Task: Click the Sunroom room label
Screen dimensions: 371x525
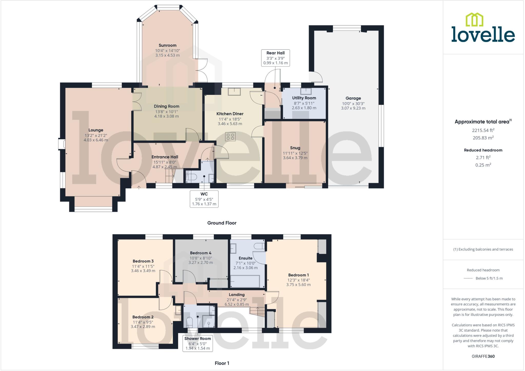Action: (167, 45)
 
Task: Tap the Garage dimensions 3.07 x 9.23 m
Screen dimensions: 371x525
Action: (353, 108)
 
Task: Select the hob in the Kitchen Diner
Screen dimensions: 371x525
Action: (230, 137)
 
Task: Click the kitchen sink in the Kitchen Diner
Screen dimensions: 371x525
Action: (234, 92)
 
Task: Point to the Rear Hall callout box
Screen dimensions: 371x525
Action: (275, 58)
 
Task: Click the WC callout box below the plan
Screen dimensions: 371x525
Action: (204, 199)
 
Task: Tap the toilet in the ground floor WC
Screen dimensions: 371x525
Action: (191, 177)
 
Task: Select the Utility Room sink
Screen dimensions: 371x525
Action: (306, 91)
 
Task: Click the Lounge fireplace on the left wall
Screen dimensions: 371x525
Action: (62, 144)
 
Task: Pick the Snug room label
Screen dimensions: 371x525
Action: (295, 148)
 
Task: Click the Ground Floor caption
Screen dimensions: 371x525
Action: (222, 223)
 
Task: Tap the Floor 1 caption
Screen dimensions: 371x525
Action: (222, 363)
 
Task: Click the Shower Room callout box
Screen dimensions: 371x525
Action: (197, 343)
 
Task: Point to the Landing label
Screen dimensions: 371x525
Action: (236, 295)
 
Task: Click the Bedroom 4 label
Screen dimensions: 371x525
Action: (200, 253)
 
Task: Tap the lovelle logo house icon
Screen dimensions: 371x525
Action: (474, 19)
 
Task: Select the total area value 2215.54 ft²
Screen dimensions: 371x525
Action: (483, 130)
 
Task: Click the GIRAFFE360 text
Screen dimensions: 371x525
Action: (483, 356)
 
